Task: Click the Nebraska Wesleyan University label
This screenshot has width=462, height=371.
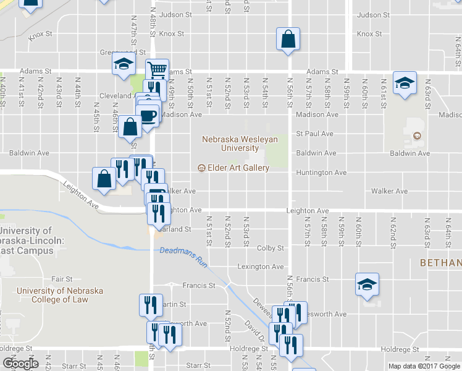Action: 240,143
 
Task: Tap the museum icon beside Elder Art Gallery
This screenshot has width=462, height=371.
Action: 201,168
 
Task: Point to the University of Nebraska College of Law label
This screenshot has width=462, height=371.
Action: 60,295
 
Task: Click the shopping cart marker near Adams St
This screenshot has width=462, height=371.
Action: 157,70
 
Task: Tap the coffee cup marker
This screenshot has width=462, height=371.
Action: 148,115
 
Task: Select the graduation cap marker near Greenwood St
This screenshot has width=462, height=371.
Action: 124,64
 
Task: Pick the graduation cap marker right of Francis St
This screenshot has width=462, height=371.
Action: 367,285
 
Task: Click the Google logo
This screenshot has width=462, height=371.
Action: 20,364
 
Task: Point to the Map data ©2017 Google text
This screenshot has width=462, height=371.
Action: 424,366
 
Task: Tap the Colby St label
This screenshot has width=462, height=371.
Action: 270,248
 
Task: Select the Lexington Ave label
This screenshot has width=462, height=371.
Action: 261,267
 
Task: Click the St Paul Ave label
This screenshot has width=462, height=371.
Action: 314,134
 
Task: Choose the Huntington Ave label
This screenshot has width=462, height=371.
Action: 321,173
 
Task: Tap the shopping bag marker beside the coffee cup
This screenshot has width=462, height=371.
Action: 130,127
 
